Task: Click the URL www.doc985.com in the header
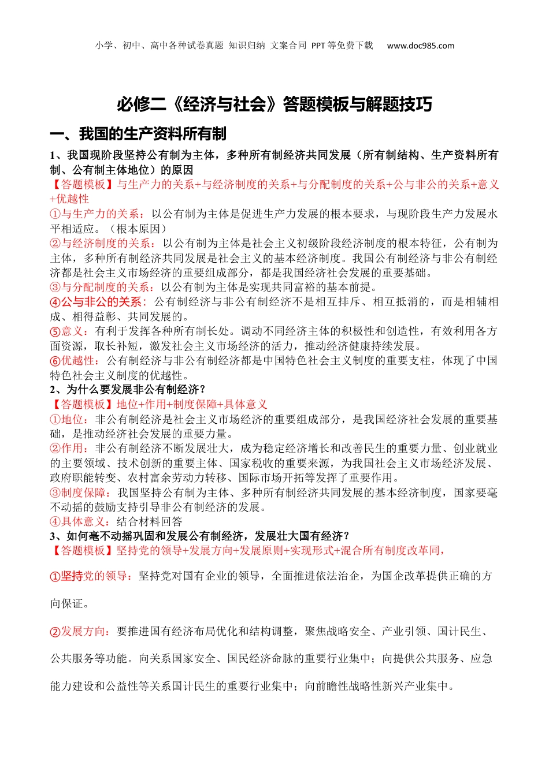[x=420, y=46]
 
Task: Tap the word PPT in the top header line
[x=318, y=46]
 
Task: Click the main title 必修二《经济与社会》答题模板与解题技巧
[x=274, y=105]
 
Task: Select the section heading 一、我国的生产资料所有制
[x=138, y=134]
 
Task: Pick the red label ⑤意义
[x=68, y=331]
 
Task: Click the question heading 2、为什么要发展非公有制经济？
[x=128, y=390]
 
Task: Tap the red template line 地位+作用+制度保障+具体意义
[x=192, y=405]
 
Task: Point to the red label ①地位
[x=68, y=419]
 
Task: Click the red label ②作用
[x=68, y=449]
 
